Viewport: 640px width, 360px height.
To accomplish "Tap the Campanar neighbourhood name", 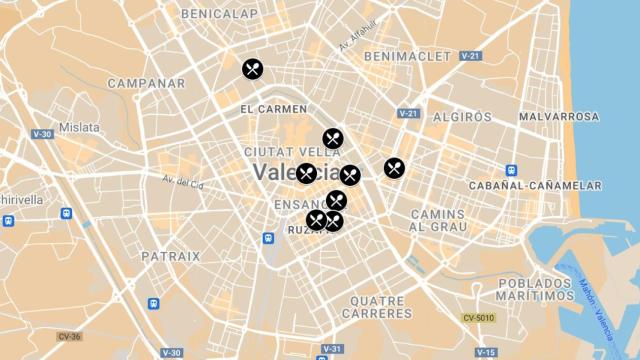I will coord(146,83).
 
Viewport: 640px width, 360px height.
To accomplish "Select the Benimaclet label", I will coord(407,56).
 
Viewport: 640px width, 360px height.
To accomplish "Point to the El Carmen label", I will coord(273,108).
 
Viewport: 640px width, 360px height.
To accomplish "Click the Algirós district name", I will coord(461,117).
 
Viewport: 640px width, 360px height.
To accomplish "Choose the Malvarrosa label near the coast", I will coord(558,117).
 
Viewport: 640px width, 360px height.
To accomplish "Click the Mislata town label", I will coord(79,127).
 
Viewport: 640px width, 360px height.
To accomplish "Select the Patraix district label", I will coord(170,256).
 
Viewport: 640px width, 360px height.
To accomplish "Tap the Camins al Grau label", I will coord(438,221).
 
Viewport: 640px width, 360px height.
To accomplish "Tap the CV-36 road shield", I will coord(68,336).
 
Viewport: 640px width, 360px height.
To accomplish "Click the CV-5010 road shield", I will coord(478,318).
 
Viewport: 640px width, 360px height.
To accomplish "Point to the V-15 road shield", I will coord(486,352).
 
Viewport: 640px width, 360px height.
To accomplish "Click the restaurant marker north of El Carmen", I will coord(252,69).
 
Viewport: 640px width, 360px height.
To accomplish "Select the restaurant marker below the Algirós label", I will coord(394,168).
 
